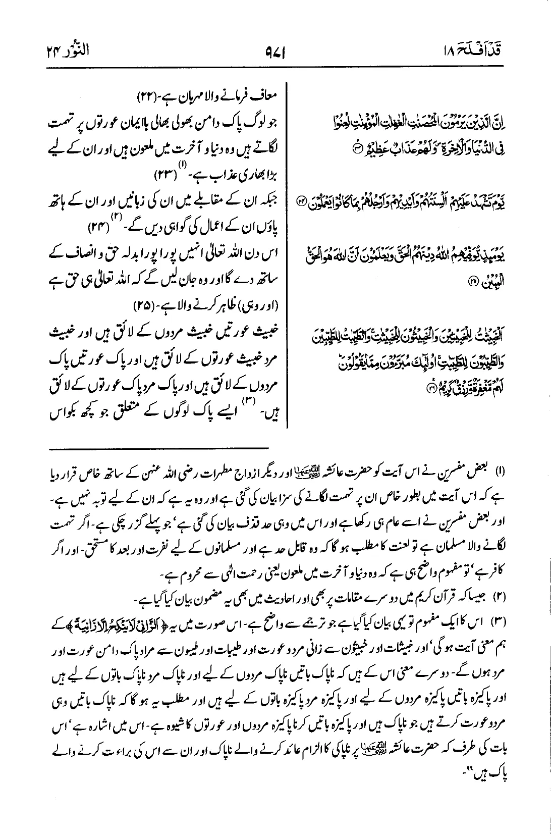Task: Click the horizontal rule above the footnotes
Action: [159, 448]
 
